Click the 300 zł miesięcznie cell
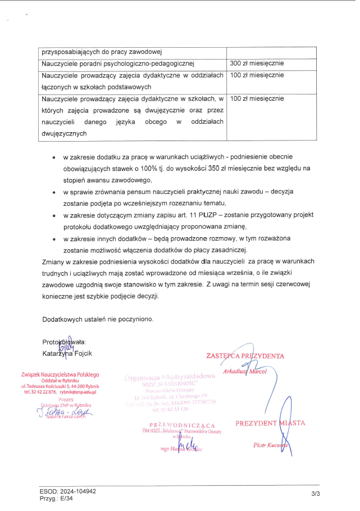[257, 63]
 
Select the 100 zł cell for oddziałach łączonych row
[257, 75]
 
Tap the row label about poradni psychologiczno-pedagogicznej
[117, 63]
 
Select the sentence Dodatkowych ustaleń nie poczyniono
[98, 319]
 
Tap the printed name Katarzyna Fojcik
[67, 354]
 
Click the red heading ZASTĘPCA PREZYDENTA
[245, 356]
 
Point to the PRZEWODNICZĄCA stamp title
[183, 424]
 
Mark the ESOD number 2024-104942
[75, 491]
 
